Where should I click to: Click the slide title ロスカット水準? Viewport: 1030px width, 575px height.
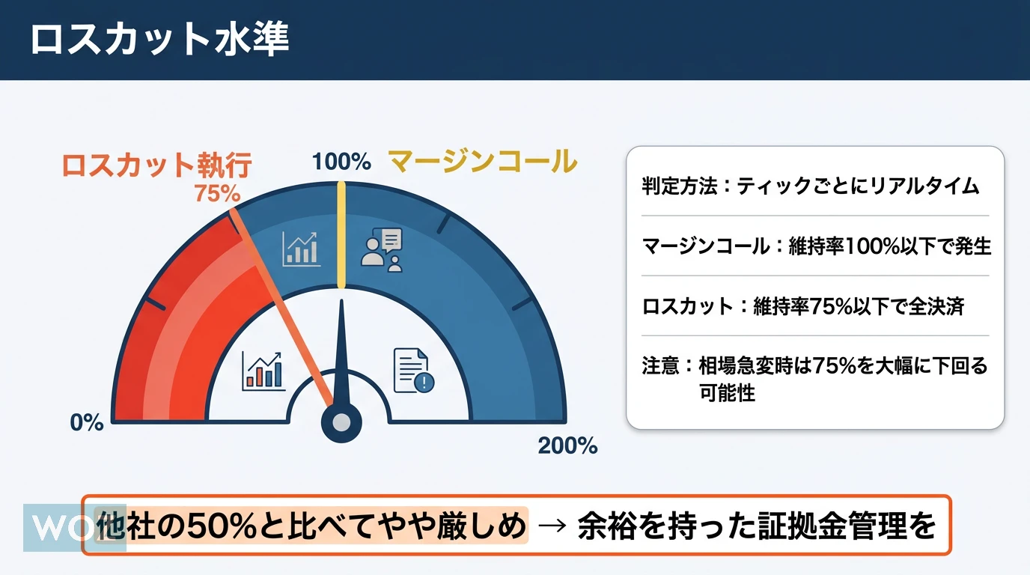click(159, 40)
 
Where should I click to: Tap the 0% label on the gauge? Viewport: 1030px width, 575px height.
click(86, 422)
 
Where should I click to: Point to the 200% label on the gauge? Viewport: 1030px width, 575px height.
click(567, 445)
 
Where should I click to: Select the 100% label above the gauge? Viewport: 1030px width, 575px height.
click(341, 162)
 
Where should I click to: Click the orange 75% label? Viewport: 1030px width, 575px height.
click(217, 193)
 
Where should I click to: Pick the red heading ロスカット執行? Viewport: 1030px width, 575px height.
click(156, 165)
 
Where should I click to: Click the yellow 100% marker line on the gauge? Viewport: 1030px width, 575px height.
click(341, 234)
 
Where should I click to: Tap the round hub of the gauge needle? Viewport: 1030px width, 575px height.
click(341, 422)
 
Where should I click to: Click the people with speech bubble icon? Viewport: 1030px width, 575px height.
click(382, 250)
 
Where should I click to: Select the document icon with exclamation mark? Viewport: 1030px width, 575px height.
click(413, 371)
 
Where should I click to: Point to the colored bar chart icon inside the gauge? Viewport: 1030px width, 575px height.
click(263, 371)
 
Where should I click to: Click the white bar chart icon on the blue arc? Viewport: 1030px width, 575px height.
click(301, 249)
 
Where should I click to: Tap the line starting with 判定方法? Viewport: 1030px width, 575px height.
click(811, 186)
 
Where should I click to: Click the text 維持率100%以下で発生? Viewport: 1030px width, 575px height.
click(890, 246)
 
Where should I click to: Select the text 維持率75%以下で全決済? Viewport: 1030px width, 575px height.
click(859, 306)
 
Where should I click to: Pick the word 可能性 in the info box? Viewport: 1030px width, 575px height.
click(728, 392)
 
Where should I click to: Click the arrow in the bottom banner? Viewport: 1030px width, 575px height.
click(552, 526)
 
